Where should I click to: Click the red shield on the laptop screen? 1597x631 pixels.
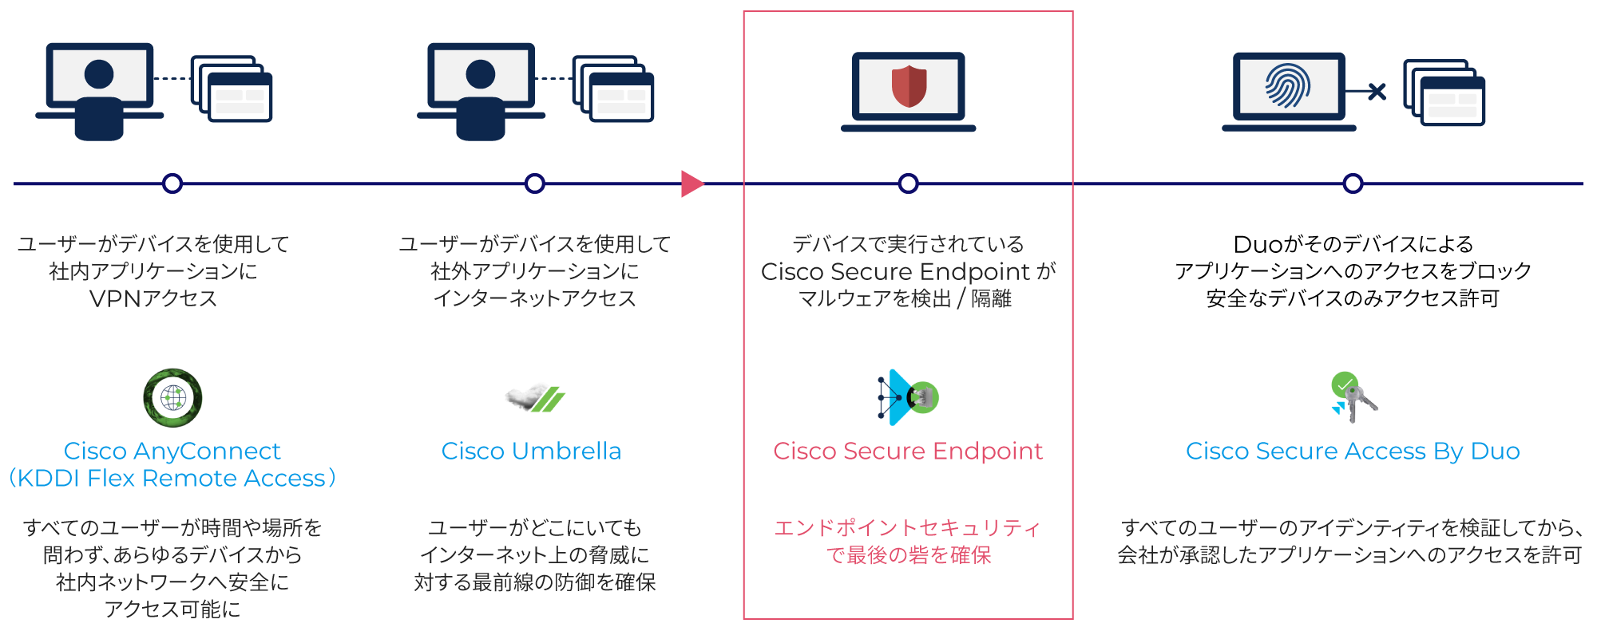pos(909,86)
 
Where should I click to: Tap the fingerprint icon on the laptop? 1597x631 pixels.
pos(1287,86)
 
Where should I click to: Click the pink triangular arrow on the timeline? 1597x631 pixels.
pos(692,183)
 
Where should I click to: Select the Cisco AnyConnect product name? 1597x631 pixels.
pos(172,451)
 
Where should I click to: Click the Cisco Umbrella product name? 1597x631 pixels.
pos(531,451)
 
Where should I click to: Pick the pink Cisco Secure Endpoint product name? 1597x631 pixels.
pos(908,451)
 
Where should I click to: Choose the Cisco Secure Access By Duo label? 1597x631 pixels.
pos(1353,451)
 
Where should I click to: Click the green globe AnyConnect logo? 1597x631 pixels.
pos(172,397)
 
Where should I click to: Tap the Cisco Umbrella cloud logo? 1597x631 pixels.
pos(535,397)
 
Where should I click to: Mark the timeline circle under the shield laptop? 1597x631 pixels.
pos(908,183)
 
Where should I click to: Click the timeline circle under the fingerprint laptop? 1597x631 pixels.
pos(1353,183)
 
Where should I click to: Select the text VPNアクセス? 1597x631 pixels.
pos(153,298)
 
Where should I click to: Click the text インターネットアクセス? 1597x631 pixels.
pos(534,298)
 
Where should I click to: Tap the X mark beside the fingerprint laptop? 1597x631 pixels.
pos(1377,92)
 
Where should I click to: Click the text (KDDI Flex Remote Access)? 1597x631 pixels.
pos(172,478)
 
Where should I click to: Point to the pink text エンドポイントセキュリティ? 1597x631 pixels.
pos(908,528)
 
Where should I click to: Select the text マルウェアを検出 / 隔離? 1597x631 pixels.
pos(905,298)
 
